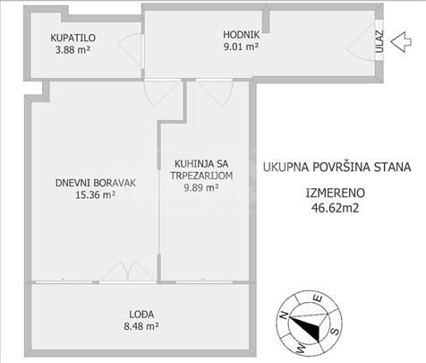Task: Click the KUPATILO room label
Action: (73, 38)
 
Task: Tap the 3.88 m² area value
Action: (72, 49)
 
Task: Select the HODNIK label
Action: (242, 35)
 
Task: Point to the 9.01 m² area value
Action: (241, 47)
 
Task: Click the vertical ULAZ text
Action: (379, 41)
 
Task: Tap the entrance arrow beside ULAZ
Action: (401, 42)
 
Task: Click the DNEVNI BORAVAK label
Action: (96, 183)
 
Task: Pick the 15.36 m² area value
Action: (96, 195)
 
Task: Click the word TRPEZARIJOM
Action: (201, 176)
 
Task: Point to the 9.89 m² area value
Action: (201, 187)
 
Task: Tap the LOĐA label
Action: (141, 315)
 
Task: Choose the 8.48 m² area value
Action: (141, 326)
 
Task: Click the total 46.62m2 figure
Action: (335, 208)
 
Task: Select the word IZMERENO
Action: (336, 193)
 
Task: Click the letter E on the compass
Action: (318, 298)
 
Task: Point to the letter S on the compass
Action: (336, 331)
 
